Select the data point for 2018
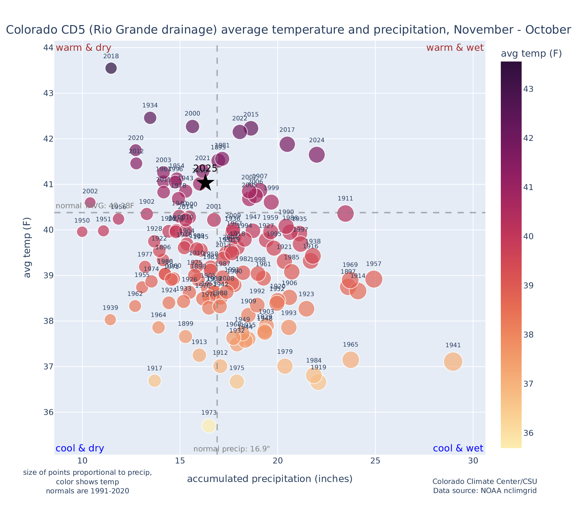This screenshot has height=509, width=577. [x=111, y=68]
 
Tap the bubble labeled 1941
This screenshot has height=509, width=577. [x=453, y=362]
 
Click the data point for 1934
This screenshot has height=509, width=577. [x=150, y=117]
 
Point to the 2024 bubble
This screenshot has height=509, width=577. [x=317, y=155]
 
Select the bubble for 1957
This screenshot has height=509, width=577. [x=373, y=279]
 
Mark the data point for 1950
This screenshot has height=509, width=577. [x=82, y=232]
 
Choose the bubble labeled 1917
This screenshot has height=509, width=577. [x=155, y=380]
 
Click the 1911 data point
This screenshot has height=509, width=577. [x=345, y=214]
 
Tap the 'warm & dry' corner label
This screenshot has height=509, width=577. [x=83, y=48]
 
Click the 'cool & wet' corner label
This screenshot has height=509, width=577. [x=458, y=448]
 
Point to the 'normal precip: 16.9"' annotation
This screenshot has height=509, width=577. [x=232, y=449]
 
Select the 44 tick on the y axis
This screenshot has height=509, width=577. [x=48, y=48]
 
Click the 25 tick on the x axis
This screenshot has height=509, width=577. [x=375, y=461]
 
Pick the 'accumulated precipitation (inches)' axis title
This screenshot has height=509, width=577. [x=270, y=479]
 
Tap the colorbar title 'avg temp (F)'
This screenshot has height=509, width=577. [x=531, y=54]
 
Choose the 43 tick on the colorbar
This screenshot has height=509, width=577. [x=528, y=89]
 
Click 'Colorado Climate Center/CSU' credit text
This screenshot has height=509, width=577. [x=485, y=482]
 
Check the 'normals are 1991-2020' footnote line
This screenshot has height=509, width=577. [x=87, y=491]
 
